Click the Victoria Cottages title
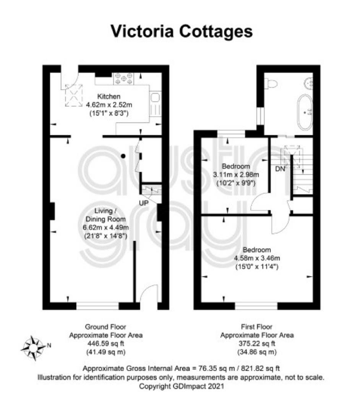click(x=182, y=32)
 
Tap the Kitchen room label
click(x=109, y=96)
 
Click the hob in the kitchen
click(x=123, y=78)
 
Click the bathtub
click(x=305, y=112)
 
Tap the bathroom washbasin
click(x=309, y=83)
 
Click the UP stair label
click(x=144, y=203)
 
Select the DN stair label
click(x=280, y=169)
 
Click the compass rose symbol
click(x=33, y=348)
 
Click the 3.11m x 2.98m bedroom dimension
click(x=236, y=175)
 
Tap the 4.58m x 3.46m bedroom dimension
click(x=257, y=258)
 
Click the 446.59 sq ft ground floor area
click(x=106, y=344)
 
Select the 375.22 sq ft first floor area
click(x=257, y=344)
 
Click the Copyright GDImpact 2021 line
click(x=182, y=386)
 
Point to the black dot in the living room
click(x=123, y=156)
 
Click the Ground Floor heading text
click(x=105, y=327)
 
